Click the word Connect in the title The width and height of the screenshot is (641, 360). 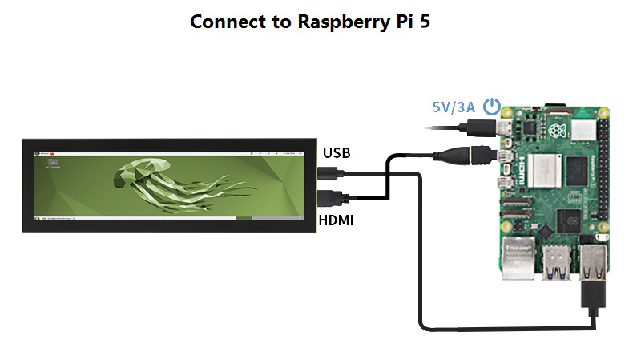[x=224, y=22]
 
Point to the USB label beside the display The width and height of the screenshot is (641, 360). [x=337, y=153]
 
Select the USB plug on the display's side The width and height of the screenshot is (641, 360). [x=329, y=172]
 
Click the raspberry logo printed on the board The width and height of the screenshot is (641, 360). [x=558, y=129]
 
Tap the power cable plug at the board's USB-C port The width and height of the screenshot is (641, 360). [x=484, y=126]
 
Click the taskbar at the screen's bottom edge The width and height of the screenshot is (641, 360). [x=164, y=218]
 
